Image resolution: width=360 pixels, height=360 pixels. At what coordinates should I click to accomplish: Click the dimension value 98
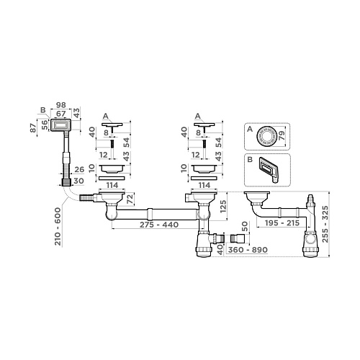[61, 107]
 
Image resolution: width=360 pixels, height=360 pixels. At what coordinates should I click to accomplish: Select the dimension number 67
[61, 114]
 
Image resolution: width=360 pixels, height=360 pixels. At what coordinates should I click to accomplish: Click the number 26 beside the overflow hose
[81, 169]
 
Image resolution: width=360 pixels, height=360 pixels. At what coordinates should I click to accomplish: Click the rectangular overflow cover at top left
[61, 125]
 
